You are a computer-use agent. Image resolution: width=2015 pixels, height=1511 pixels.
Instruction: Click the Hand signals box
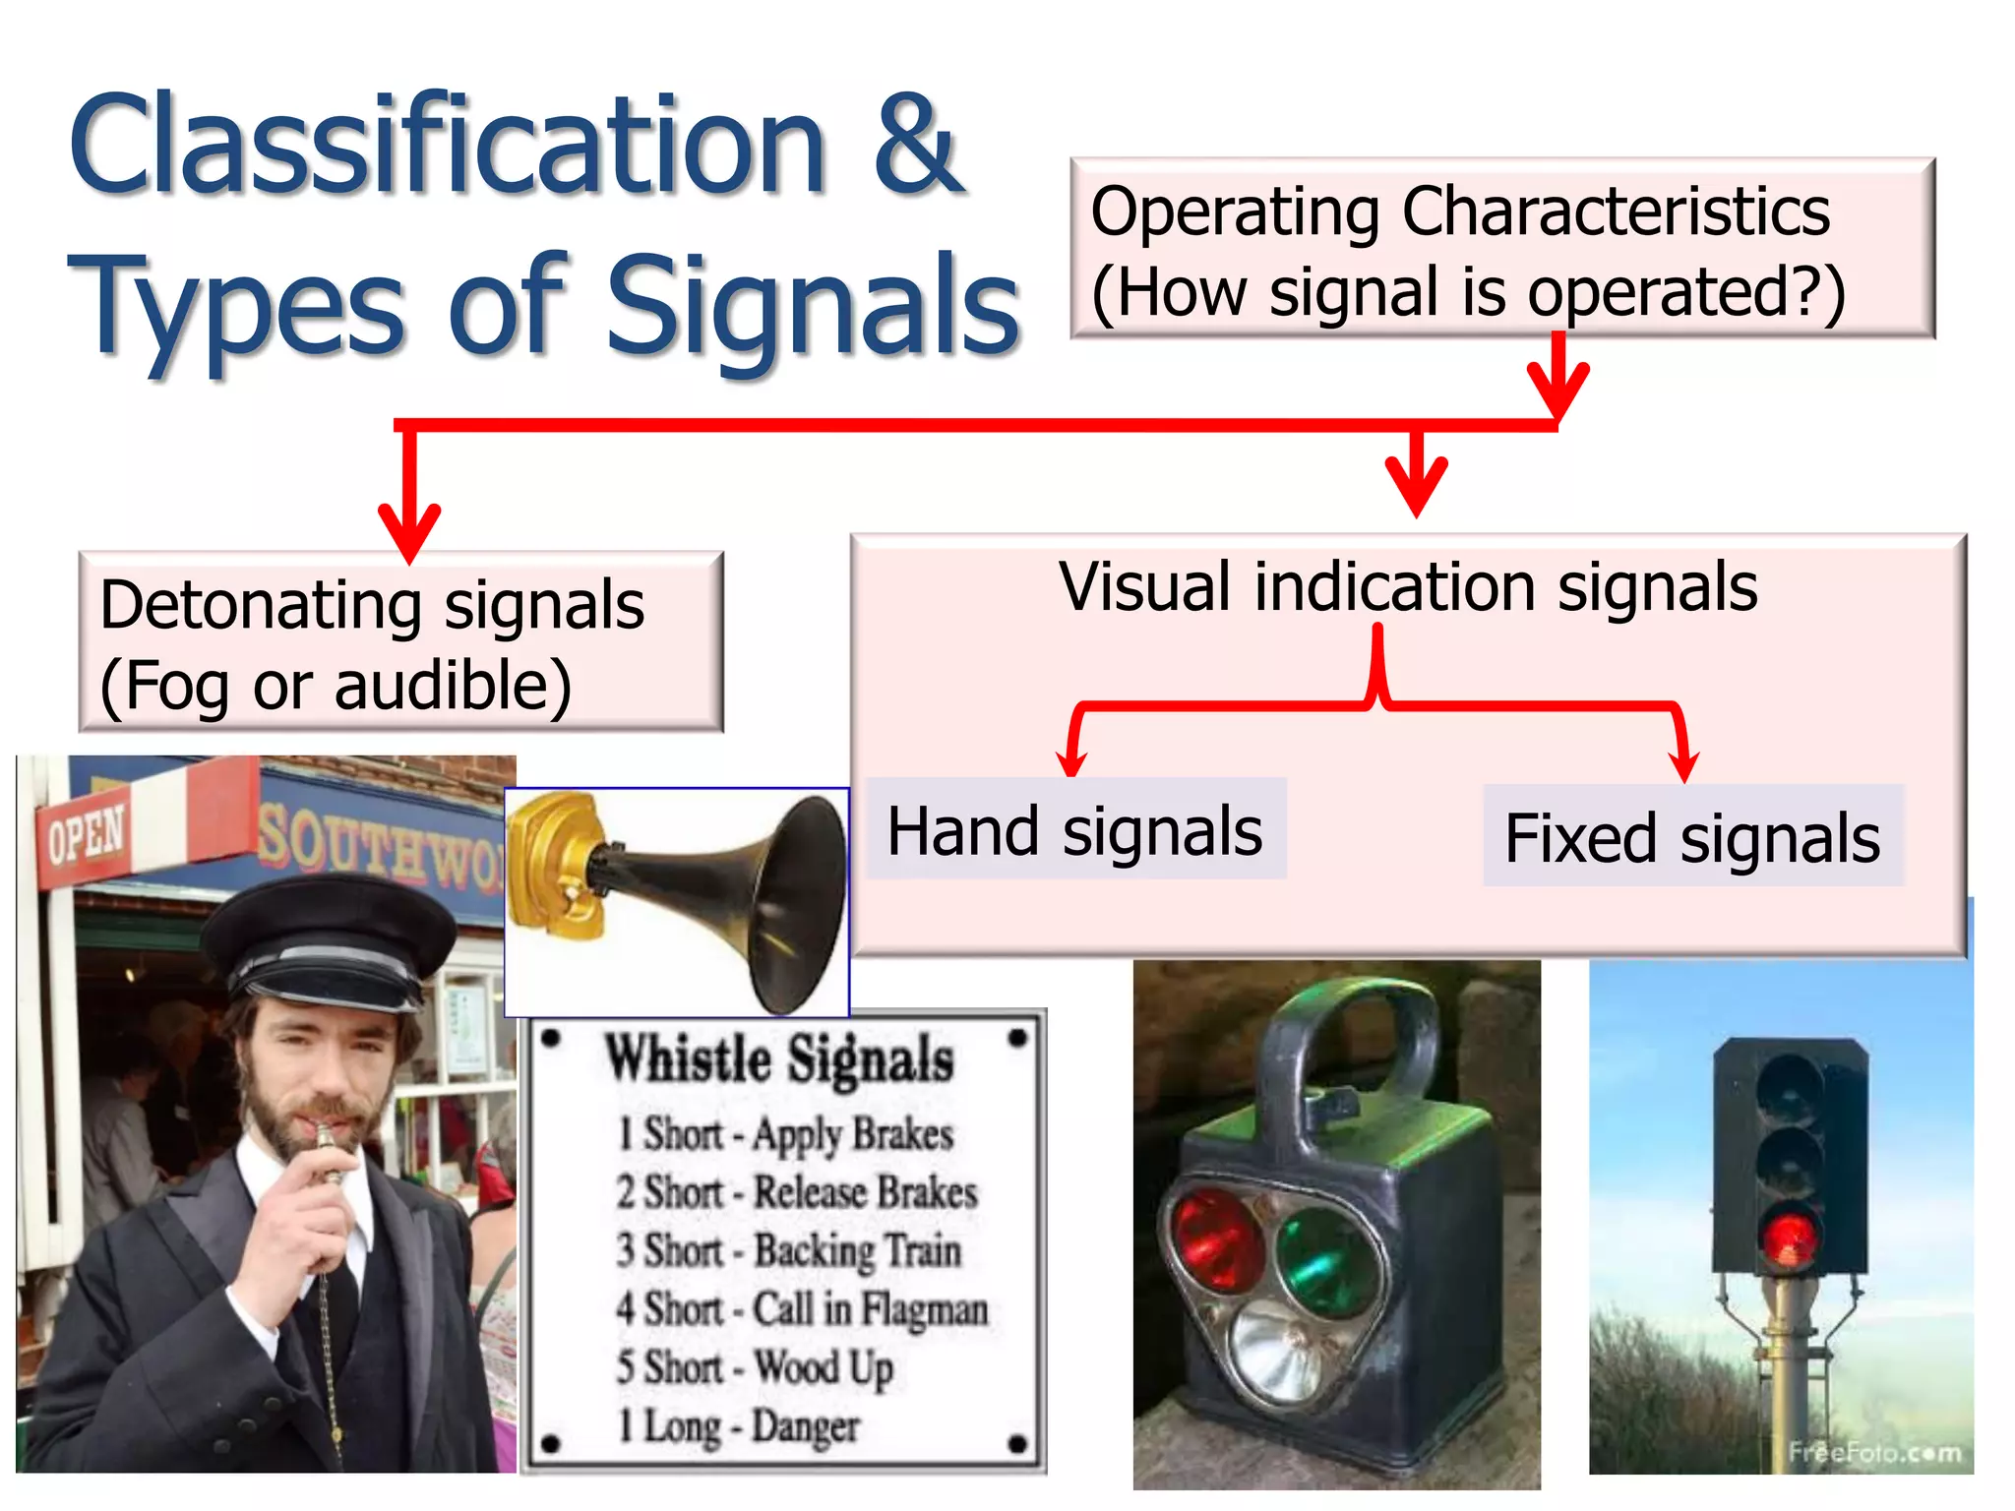pos(1075,829)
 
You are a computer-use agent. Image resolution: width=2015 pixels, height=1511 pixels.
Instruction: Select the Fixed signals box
pos(1692,836)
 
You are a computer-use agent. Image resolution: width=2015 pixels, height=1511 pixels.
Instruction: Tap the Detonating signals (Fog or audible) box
pos(400,642)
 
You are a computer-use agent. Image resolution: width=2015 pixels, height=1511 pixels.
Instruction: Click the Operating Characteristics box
pos(1502,249)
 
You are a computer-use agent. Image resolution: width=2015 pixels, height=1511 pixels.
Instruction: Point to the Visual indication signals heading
pos(1408,587)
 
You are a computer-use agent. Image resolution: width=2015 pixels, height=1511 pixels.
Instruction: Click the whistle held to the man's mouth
pos(326,1151)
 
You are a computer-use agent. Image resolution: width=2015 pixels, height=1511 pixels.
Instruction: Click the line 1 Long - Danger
pos(738,1425)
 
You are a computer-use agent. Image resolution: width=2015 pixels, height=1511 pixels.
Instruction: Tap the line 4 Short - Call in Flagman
pos(802,1309)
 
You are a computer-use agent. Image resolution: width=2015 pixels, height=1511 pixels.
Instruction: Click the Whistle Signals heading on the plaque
pos(779,1059)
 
